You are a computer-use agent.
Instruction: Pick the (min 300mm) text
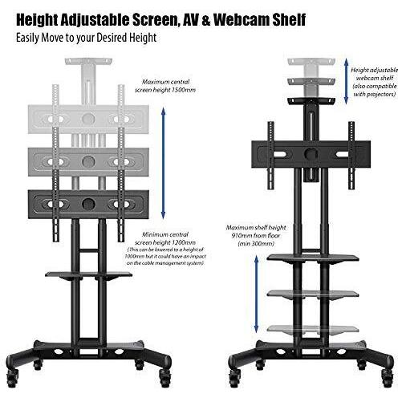click(256, 244)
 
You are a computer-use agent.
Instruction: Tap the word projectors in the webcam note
click(380, 94)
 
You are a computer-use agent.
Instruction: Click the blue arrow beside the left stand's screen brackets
click(164, 163)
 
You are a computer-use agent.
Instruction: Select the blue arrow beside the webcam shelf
click(346, 81)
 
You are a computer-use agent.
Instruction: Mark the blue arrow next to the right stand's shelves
click(256, 294)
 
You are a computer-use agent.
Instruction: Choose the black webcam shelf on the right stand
click(311, 101)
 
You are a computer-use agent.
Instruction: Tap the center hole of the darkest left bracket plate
click(88, 204)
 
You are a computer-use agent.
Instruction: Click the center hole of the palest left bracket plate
click(88, 118)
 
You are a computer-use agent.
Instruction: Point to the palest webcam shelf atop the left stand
click(88, 62)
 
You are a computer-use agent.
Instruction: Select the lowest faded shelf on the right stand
click(313, 330)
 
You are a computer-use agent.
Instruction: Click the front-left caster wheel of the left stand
click(13, 379)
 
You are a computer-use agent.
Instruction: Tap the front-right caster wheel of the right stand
click(388, 379)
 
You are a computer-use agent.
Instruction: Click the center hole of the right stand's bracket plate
click(311, 154)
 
